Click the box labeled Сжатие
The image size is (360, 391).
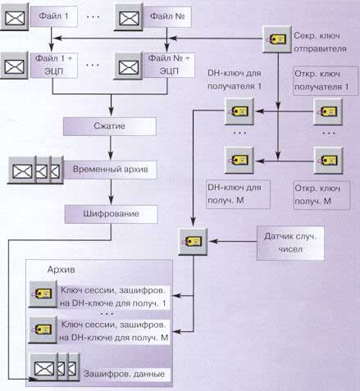pos(110,126)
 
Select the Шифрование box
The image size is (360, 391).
pos(111,214)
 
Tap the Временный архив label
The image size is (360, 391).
pos(111,170)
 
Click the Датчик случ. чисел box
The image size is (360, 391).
pos(290,243)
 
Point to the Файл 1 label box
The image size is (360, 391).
pos(54,16)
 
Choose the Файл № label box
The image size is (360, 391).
pos(167,16)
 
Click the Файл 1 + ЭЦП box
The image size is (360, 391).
pos(54,66)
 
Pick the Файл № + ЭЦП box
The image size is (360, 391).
pos(169,66)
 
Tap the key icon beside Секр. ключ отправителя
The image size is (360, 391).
pos(277,39)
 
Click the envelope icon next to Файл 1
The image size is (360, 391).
pos(15,17)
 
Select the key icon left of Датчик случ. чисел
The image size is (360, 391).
pos(193,242)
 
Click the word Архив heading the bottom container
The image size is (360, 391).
pos(62,270)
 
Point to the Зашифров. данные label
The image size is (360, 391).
pos(125,374)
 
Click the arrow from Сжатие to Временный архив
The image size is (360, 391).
pos(111,148)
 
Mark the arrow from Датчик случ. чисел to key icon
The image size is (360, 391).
pos(233,242)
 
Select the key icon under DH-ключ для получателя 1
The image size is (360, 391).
pos(239,111)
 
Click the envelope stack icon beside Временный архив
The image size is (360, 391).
pos(35,170)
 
